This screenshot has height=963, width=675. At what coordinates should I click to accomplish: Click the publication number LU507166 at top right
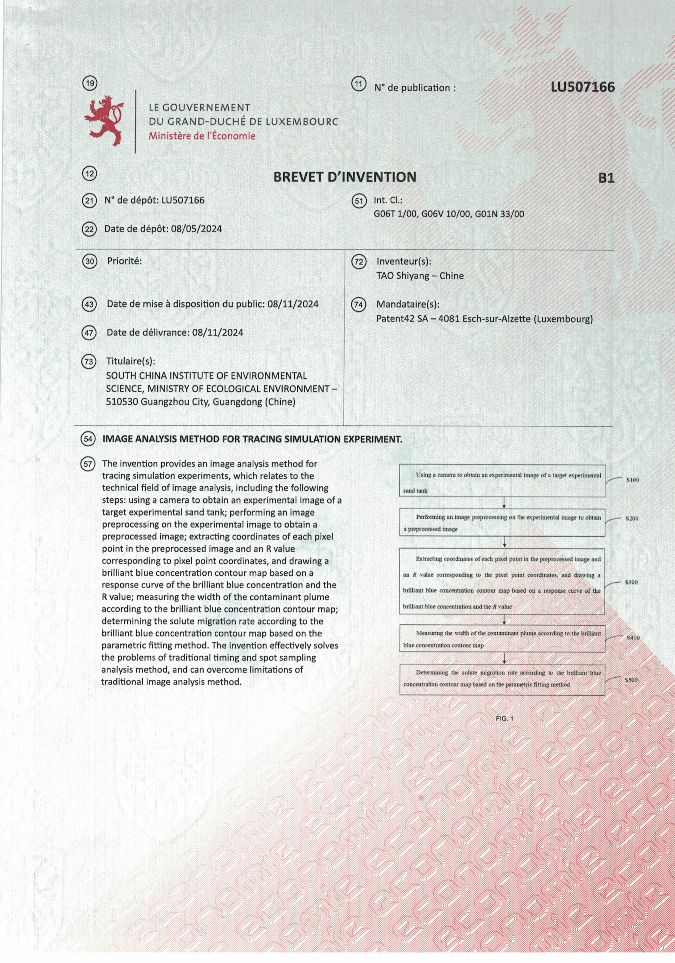pyautogui.click(x=583, y=87)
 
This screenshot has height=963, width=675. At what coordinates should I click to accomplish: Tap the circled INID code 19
pyautogui.click(x=90, y=83)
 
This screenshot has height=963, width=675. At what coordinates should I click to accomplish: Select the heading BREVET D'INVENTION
pyautogui.click(x=345, y=177)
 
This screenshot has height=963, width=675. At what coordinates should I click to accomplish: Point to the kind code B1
pyautogui.click(x=606, y=178)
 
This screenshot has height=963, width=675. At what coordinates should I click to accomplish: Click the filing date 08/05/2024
pyautogui.click(x=197, y=229)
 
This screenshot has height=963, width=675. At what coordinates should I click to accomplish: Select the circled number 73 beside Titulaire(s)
pyautogui.click(x=89, y=361)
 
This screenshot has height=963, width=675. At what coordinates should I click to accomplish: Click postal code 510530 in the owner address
pyautogui.click(x=122, y=402)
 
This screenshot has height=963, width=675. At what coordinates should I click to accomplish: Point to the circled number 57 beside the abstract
pyautogui.click(x=88, y=464)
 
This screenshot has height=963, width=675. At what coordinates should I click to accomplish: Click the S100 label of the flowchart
pyautogui.click(x=633, y=480)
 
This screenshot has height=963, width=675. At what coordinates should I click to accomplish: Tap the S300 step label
pyautogui.click(x=631, y=582)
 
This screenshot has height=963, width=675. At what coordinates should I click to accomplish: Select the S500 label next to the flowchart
pyautogui.click(x=631, y=680)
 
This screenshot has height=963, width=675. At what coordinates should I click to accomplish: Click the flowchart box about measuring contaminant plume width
pyautogui.click(x=502, y=639)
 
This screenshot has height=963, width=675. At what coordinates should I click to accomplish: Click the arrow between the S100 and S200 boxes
pyautogui.click(x=504, y=503)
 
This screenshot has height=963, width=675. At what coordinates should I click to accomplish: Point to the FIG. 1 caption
pyautogui.click(x=504, y=719)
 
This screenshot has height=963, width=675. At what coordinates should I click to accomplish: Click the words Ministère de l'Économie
pyautogui.click(x=202, y=136)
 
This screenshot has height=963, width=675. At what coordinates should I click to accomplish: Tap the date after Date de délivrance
pyautogui.click(x=218, y=333)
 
